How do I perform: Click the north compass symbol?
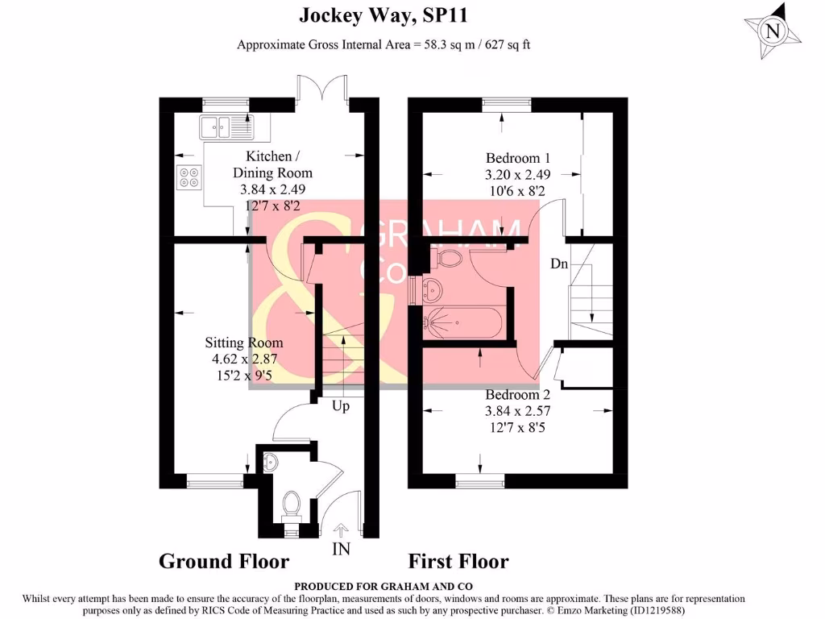pyautogui.click(x=773, y=31)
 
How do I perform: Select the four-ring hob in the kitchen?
pyautogui.click(x=190, y=177)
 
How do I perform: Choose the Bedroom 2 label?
pyautogui.click(x=518, y=395)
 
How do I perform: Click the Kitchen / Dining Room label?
pyautogui.click(x=272, y=164)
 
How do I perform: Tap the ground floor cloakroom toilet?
pyautogui.click(x=291, y=505)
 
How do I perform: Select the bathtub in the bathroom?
pyautogui.click(x=464, y=323)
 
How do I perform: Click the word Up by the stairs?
pyautogui.click(x=341, y=406)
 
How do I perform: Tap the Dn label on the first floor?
pyautogui.click(x=560, y=264)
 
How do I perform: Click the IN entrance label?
pyautogui.click(x=341, y=548)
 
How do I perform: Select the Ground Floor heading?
pyautogui.click(x=223, y=561)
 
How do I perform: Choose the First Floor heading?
pyautogui.click(x=458, y=561)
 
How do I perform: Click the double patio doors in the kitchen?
pyautogui.click(x=323, y=89)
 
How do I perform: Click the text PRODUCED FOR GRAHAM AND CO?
pyautogui.click(x=383, y=586)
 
